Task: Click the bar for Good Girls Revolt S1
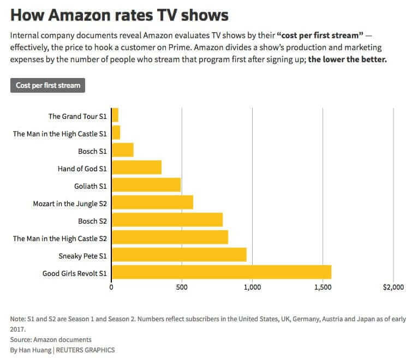click(221, 272)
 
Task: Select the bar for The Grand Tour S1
click(115, 116)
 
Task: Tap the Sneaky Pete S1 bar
click(179, 255)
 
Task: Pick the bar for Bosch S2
click(167, 220)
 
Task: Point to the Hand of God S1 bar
click(136, 168)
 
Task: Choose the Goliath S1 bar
click(146, 185)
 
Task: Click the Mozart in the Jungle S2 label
click(70, 203)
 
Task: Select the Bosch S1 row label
click(92, 151)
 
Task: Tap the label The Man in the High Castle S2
click(60, 238)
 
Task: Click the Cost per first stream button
click(47, 86)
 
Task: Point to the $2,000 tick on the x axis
click(393, 287)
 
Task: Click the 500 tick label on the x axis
click(182, 287)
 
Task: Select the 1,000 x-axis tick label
click(252, 287)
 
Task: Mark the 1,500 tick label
click(323, 287)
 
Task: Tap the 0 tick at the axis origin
click(111, 287)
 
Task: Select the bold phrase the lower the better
click(347, 59)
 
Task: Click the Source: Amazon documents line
click(51, 339)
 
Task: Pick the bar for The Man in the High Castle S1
click(116, 133)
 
